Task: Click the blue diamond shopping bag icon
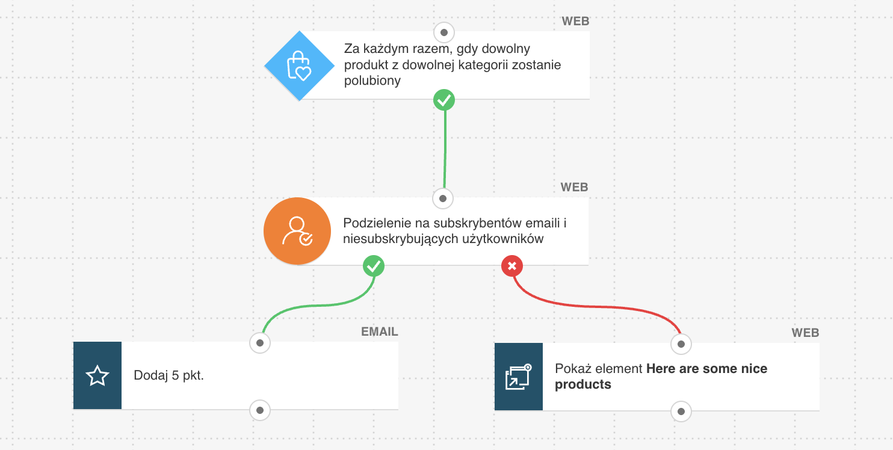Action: pos(299,66)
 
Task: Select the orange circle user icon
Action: pos(297,232)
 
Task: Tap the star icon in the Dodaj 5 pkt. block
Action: pos(97,376)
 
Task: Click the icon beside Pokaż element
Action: pos(518,377)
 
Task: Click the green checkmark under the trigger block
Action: pos(444,100)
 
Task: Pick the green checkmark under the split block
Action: pos(374,265)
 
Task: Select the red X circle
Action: pos(512,265)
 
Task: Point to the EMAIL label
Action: pos(379,331)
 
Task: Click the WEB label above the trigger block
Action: pos(575,22)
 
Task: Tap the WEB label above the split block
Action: pos(574,187)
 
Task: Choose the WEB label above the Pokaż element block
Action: pos(805,333)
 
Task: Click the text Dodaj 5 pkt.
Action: pos(169,376)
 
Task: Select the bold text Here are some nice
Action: pos(706,369)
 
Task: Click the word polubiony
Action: pos(372,81)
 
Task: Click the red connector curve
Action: pos(602,307)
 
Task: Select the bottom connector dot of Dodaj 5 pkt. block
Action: pos(260,411)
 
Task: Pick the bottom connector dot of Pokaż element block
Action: pos(681,412)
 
